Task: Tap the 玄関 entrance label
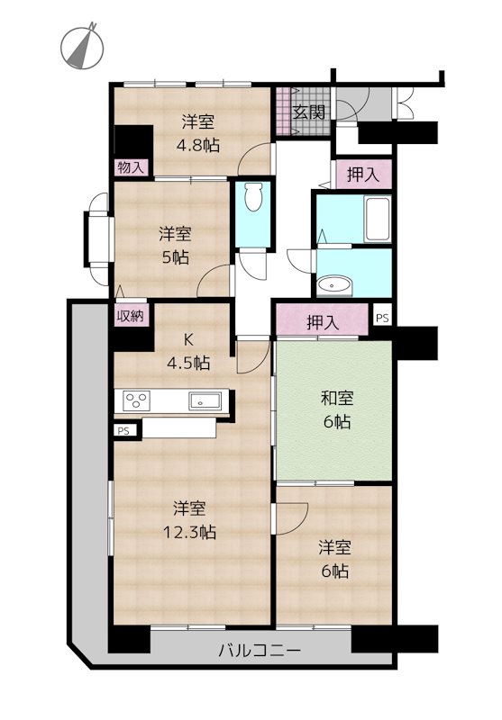click(x=308, y=112)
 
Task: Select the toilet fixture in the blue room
click(x=253, y=197)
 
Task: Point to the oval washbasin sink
click(x=335, y=285)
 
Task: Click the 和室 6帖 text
click(x=333, y=409)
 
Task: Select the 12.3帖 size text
click(x=191, y=531)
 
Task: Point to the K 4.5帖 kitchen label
click(x=190, y=352)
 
